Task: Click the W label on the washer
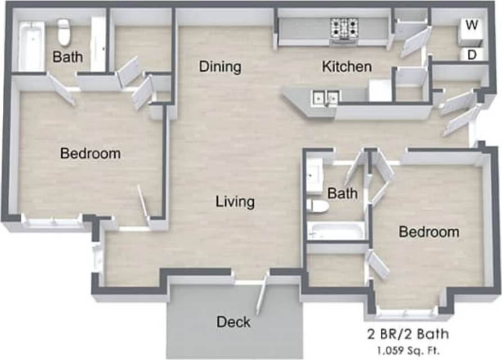tap(472, 25)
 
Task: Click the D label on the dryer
tap(472, 54)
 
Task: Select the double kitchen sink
tap(325, 97)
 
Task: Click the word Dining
tap(220, 67)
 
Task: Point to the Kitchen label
tap(346, 67)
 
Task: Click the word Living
tap(235, 201)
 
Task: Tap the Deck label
tap(233, 322)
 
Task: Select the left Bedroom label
tap(90, 153)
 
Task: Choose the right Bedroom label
tap(429, 231)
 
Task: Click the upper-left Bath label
tap(67, 57)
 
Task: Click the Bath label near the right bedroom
tap(343, 194)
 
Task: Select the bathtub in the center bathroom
tap(336, 231)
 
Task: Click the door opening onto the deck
tap(262, 295)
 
